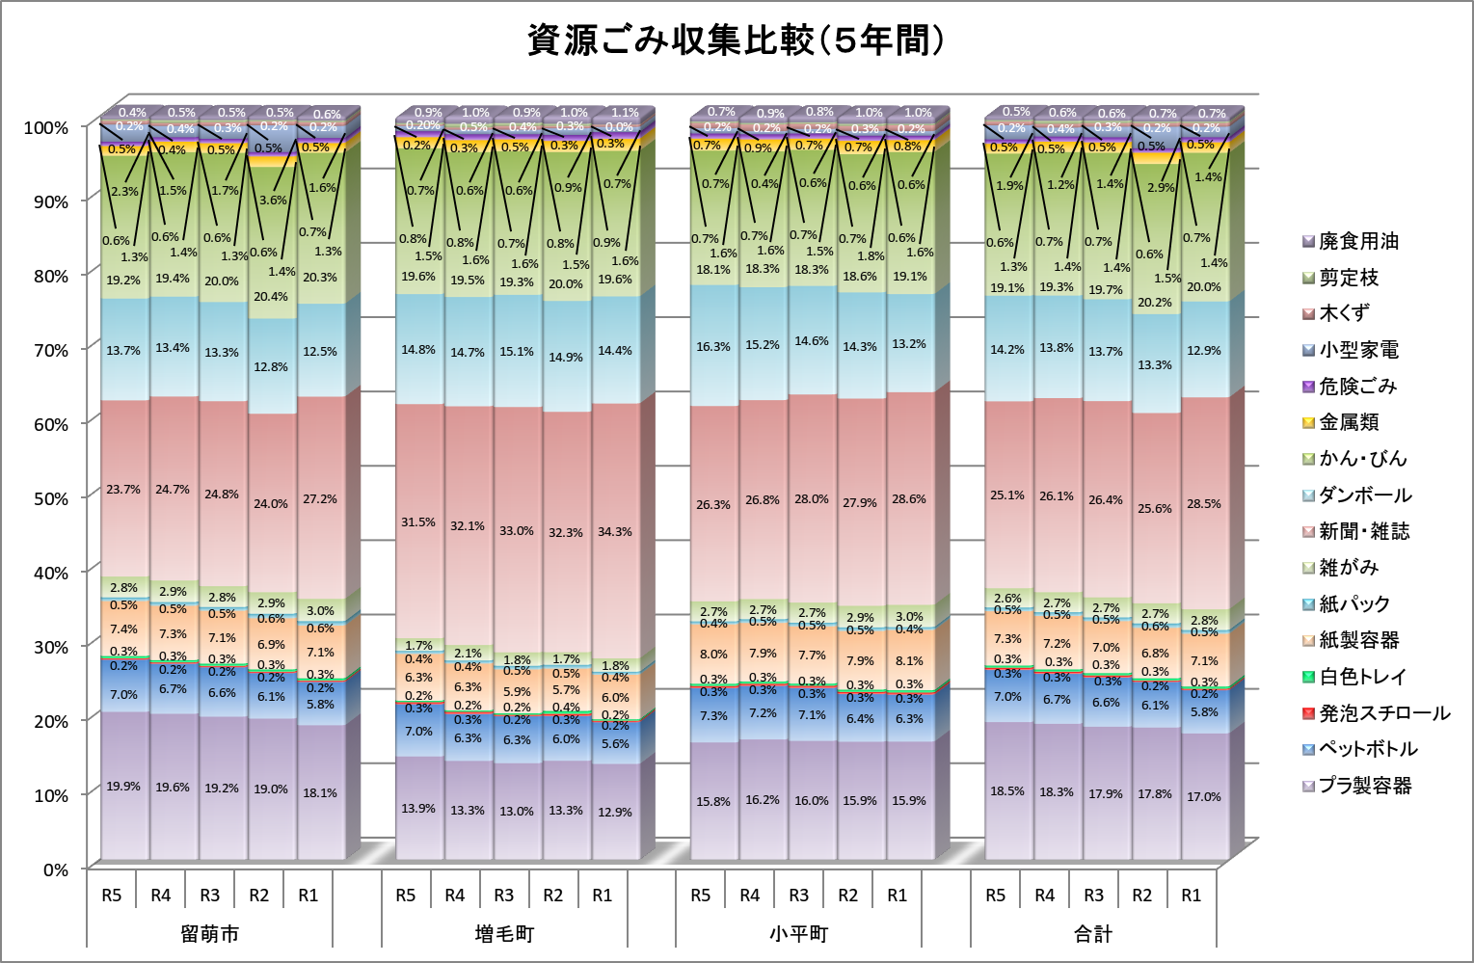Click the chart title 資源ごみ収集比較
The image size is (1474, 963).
736,40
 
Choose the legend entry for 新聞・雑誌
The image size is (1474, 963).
1363,531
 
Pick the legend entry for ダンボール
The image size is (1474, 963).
1364,495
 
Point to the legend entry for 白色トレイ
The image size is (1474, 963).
1362,677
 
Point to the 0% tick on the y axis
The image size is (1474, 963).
54,869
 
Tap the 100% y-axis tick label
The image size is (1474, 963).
46,127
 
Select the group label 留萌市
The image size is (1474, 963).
209,934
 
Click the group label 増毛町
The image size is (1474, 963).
504,934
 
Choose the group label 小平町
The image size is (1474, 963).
798,934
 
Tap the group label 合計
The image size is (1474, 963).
1093,934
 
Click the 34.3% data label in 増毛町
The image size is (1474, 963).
614,531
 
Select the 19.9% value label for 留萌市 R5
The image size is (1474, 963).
123,787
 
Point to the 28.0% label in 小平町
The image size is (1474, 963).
812,499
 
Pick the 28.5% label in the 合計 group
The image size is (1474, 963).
1203,504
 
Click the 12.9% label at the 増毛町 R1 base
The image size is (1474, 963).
614,812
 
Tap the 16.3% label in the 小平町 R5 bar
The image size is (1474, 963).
713,346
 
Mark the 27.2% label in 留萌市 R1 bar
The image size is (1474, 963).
320,499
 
